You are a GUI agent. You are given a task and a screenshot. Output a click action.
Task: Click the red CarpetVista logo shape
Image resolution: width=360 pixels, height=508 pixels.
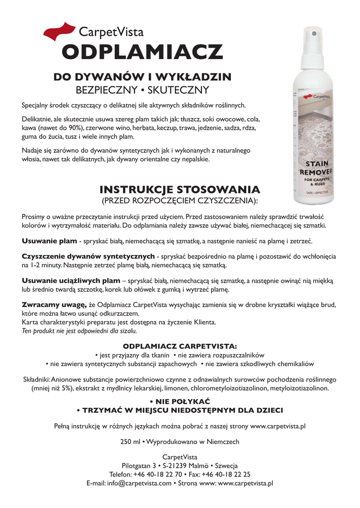pyautogui.click(x=60, y=31)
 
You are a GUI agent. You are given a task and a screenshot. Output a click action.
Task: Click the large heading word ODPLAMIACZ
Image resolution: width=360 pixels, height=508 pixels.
pyautogui.click(x=142, y=52)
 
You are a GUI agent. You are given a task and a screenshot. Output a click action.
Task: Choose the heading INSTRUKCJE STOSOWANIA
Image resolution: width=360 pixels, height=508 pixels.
pyautogui.click(x=180, y=190)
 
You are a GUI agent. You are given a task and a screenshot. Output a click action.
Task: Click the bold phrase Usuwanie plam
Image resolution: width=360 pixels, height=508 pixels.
pyautogui.click(x=50, y=241)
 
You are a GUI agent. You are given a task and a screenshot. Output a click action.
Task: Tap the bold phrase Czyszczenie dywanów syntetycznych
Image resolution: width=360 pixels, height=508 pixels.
pyautogui.click(x=88, y=256)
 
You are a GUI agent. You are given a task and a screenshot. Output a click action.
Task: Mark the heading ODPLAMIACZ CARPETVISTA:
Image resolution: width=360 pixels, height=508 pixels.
pyautogui.click(x=180, y=346)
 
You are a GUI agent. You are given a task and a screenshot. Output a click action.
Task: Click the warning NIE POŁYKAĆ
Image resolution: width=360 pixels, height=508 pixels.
pyautogui.click(x=180, y=400)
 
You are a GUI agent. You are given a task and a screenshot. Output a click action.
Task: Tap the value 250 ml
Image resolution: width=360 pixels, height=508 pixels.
pyautogui.click(x=130, y=442)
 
